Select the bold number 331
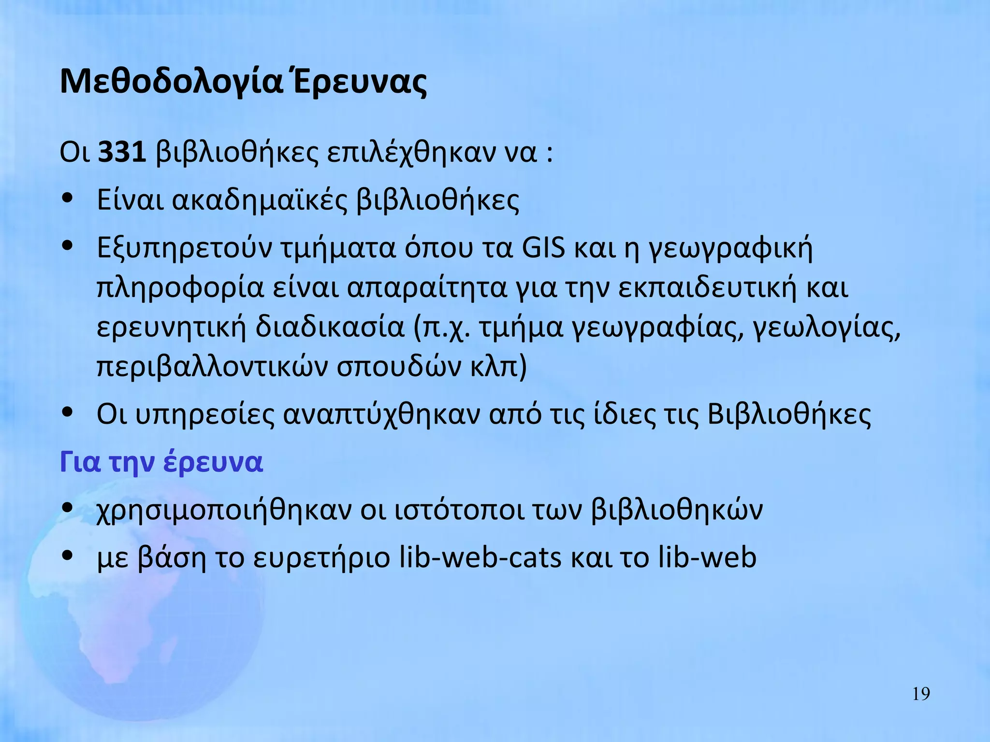point(122,152)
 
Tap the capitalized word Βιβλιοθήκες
point(789,414)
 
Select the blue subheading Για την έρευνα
point(161,462)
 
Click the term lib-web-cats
point(480,557)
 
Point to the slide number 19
point(921,694)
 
